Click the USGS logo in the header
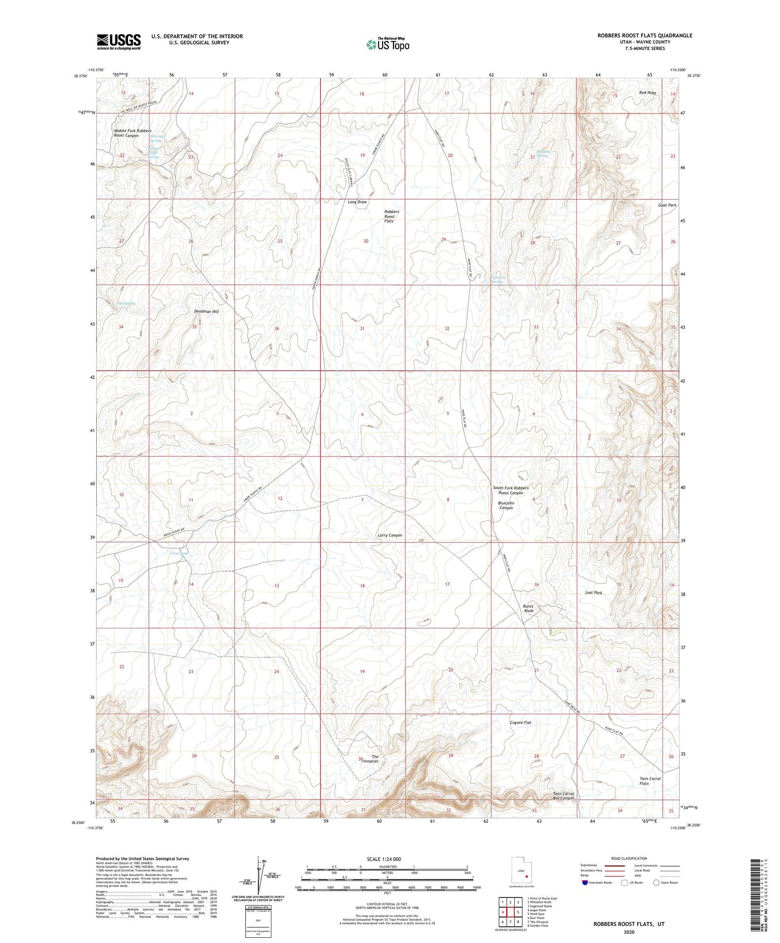pos(119,42)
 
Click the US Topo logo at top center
pos(387,45)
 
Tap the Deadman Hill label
pos(206,311)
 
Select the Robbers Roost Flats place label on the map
pos(391,216)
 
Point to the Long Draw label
pos(357,202)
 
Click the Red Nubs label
pos(647,93)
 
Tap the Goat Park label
pos(667,205)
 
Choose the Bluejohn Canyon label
pos(505,505)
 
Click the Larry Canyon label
pos(389,535)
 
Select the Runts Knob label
pos(528,609)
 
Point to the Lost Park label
pos(593,592)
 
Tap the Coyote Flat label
pos(520,722)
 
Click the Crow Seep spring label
pos(179,553)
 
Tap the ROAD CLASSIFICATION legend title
pos(629,858)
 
